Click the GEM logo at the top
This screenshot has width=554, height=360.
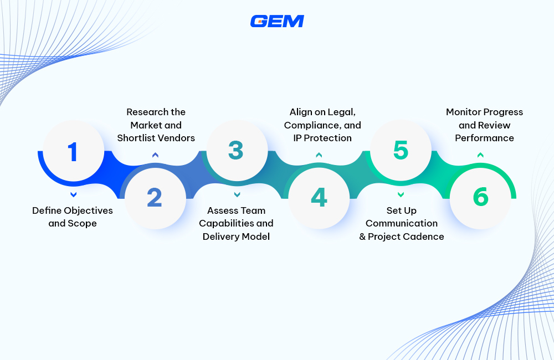point(277,21)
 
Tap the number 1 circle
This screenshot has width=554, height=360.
point(73,151)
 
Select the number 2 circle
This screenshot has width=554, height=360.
point(155,198)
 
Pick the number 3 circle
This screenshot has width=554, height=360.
point(237,151)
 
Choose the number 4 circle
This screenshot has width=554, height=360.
point(319,198)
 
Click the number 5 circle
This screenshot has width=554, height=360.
point(401,151)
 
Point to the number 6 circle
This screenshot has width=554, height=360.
point(480,198)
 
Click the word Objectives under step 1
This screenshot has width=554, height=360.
point(88,210)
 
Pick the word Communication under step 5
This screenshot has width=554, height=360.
point(402,223)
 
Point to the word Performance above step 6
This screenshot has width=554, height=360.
point(485,138)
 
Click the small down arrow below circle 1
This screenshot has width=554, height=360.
point(73,194)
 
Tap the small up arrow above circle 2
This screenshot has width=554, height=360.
point(155,155)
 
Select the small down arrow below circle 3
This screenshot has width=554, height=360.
point(237,194)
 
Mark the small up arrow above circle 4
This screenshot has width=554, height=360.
point(319,155)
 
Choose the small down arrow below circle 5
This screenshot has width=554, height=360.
point(401,194)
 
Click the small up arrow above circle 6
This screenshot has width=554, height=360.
point(481,155)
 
